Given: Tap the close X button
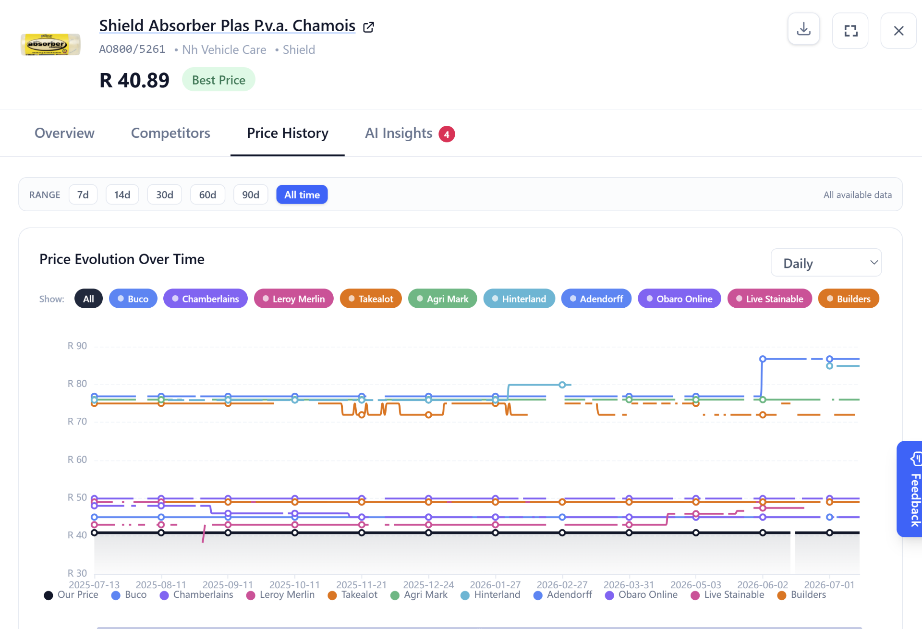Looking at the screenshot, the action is (x=898, y=31).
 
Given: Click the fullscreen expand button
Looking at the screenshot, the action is (x=850, y=31).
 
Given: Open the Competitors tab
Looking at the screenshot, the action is (x=170, y=133).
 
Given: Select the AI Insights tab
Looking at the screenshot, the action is (x=410, y=133).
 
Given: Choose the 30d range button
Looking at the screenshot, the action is (x=164, y=194).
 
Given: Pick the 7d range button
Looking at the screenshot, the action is (x=83, y=194).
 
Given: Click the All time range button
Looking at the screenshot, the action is (x=302, y=194).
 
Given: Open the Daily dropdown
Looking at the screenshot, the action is (x=826, y=263).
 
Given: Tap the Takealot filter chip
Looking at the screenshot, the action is (x=371, y=299).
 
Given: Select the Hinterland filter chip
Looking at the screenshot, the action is (x=519, y=299).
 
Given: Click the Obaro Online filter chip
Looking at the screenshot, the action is (x=679, y=299).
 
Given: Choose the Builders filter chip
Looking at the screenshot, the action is (x=849, y=299).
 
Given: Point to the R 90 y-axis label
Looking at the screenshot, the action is (x=77, y=346).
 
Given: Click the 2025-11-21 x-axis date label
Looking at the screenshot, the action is (x=361, y=585).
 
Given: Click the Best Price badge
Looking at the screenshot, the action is (x=218, y=80).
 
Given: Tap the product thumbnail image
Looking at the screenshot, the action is (x=50, y=44).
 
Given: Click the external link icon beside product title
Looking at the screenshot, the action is (x=368, y=27).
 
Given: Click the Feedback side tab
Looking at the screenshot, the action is (x=910, y=489).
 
